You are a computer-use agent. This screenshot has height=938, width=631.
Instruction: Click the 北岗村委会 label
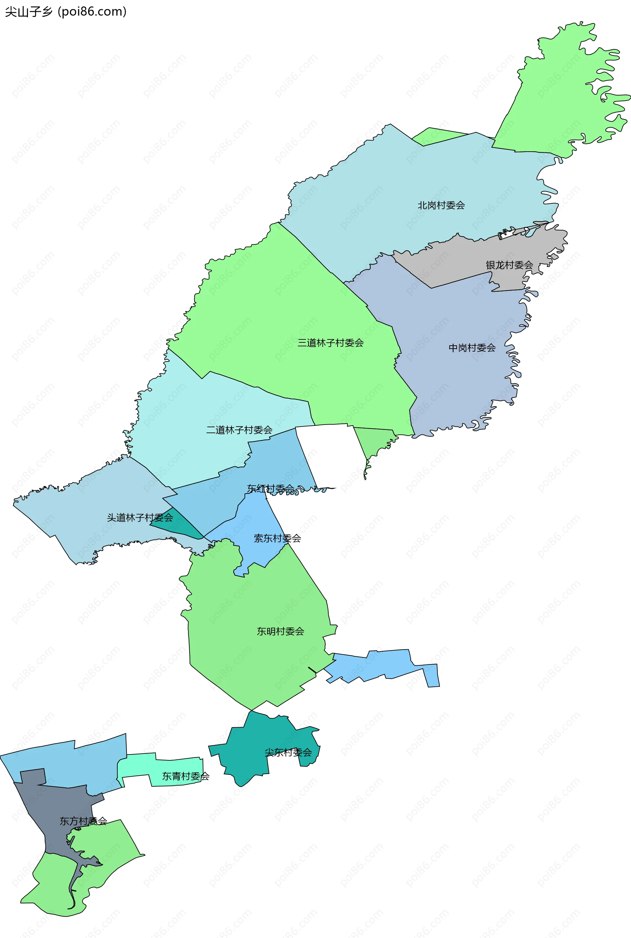click(x=441, y=206)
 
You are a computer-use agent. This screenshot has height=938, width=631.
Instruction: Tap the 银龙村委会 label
click(x=509, y=265)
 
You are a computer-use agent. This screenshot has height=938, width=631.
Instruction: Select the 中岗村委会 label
click(x=472, y=348)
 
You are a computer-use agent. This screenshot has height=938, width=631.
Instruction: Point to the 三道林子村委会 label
click(x=330, y=343)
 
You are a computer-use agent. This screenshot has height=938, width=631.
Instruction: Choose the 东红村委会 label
click(x=270, y=488)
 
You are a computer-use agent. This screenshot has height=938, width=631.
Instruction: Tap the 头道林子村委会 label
click(x=140, y=518)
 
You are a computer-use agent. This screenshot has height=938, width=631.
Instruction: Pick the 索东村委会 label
click(x=277, y=538)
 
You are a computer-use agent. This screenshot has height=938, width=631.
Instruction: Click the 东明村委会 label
click(x=280, y=631)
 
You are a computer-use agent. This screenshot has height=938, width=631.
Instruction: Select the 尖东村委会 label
click(x=288, y=752)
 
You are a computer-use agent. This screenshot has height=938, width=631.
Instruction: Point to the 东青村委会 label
click(x=185, y=776)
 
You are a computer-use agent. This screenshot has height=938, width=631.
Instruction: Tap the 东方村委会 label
click(x=83, y=821)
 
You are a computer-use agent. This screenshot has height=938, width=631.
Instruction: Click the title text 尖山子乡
click(x=29, y=12)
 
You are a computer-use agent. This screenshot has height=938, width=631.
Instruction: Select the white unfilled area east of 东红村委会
click(x=330, y=455)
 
